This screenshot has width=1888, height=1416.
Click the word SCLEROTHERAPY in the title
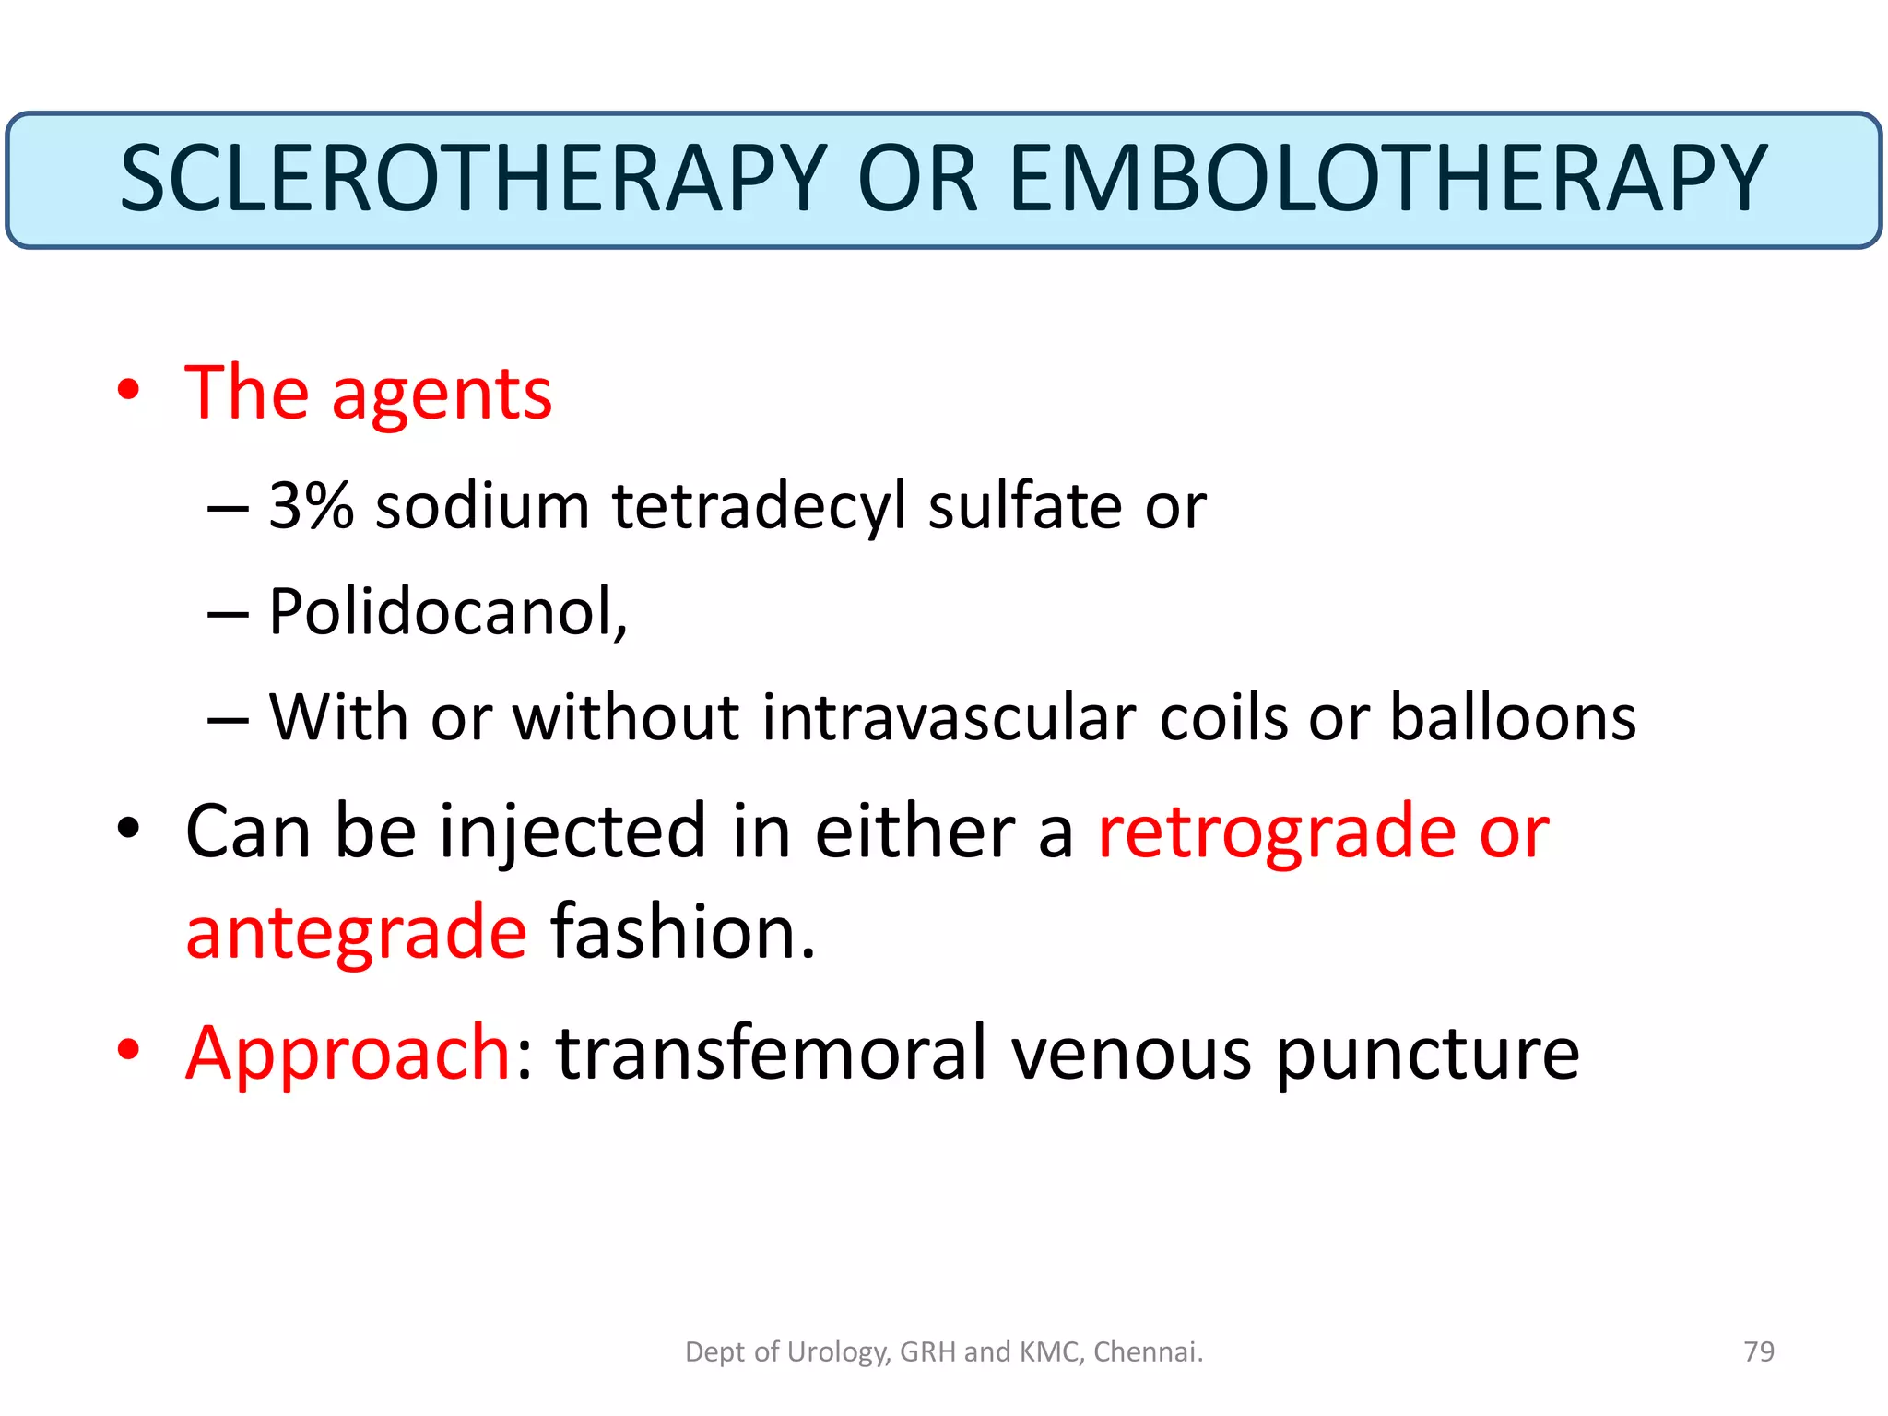point(473,179)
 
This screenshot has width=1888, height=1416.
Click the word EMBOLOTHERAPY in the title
point(1387,179)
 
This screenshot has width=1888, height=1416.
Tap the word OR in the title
point(916,179)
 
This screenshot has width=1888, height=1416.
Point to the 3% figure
point(311,506)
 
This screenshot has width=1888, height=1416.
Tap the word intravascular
point(949,717)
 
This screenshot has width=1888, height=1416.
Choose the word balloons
point(1512,717)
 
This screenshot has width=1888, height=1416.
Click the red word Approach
point(348,1055)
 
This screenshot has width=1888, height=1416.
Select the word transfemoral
point(772,1053)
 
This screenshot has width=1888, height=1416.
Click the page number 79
point(1759,1351)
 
